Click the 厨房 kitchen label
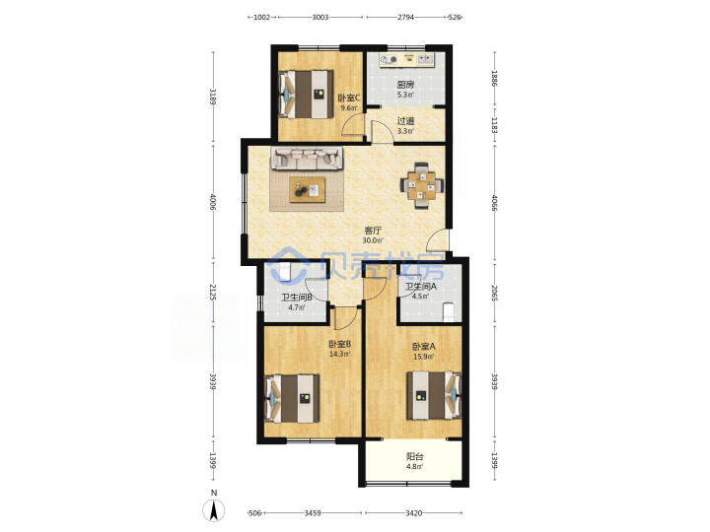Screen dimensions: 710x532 click(405, 85)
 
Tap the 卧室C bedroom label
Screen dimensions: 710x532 click(349, 98)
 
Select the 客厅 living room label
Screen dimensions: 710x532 click(373, 231)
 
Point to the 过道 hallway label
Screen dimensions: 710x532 click(405, 121)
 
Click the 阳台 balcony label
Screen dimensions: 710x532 click(415, 457)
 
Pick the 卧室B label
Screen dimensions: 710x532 click(339, 344)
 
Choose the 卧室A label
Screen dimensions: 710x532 click(423, 347)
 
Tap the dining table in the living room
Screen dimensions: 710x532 click(422, 185)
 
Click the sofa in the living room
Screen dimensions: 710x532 click(307, 159)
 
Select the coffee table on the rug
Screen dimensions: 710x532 click(308, 189)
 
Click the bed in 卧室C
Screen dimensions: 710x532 click(306, 95)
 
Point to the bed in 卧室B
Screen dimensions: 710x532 click(292, 399)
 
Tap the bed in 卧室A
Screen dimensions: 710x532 click(434, 395)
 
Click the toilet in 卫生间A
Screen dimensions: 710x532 click(449, 311)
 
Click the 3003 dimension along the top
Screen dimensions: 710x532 click(320, 17)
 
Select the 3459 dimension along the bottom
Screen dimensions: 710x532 click(313, 513)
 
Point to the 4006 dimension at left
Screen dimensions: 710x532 click(213, 202)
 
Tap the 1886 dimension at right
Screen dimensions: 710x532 click(494, 79)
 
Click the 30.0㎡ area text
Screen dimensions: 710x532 click(373, 240)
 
